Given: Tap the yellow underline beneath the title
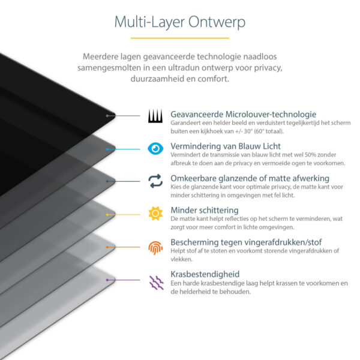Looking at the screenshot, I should tap(179, 38).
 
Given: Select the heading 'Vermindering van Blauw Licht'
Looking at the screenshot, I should tap(226, 146).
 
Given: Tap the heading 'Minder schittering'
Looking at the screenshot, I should tap(205, 211).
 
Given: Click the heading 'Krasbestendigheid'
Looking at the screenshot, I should tap(205, 274).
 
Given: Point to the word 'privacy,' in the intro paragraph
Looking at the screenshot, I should tap(265, 68).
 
